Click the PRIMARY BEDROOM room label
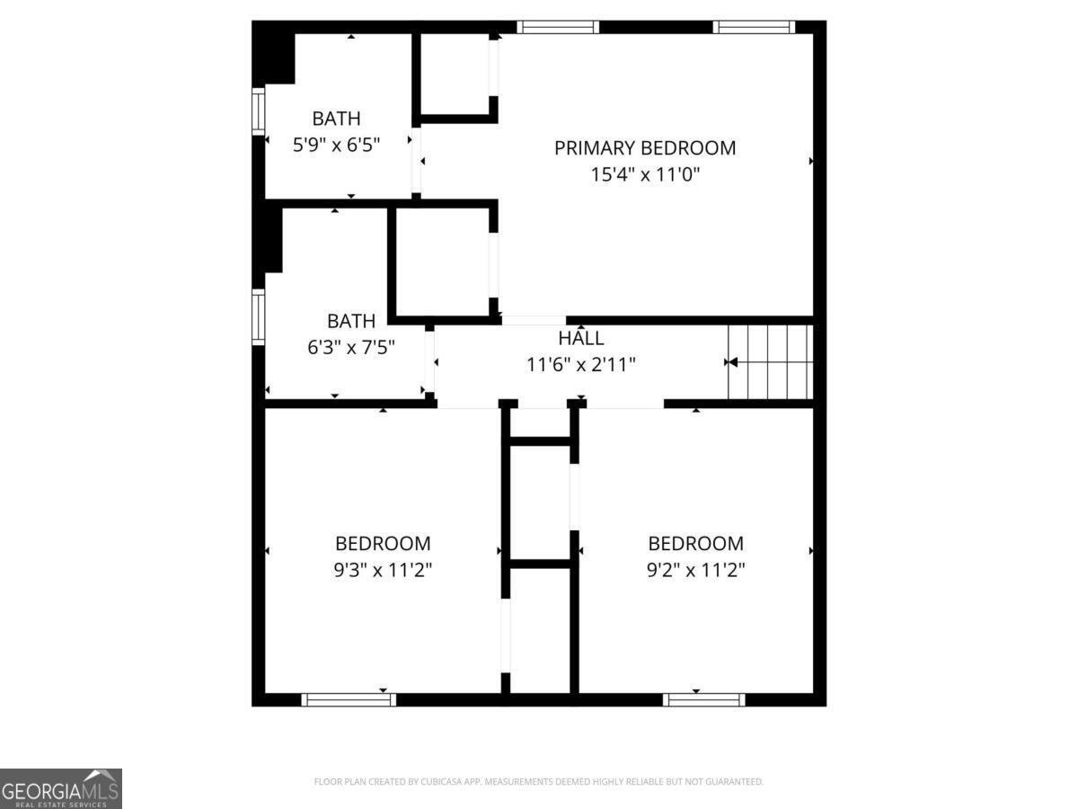point(645,147)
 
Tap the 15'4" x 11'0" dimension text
point(645,174)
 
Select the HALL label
point(581,338)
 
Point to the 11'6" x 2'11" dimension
point(581,365)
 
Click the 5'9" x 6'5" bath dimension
point(336,145)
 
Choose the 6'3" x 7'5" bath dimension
point(351,348)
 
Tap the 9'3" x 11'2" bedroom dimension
point(383,570)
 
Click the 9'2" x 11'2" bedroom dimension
point(696,570)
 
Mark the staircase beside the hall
point(770,362)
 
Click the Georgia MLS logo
point(61,788)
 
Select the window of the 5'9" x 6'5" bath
point(259,111)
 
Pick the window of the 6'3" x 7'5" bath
point(259,316)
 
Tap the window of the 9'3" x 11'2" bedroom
point(349,699)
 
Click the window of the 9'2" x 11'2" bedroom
point(703,699)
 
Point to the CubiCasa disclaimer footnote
point(539,781)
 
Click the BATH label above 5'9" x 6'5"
point(336,119)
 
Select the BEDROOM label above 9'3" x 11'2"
point(383,544)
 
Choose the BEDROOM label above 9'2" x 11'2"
point(696,544)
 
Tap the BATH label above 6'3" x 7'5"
point(351,321)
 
